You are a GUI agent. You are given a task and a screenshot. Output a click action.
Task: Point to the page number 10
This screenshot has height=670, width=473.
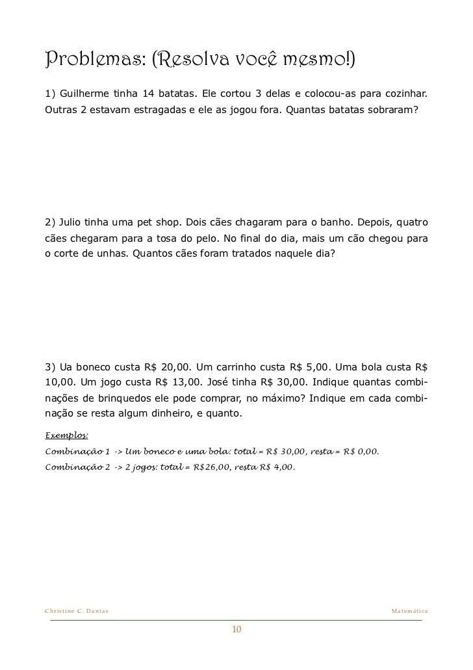236,629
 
